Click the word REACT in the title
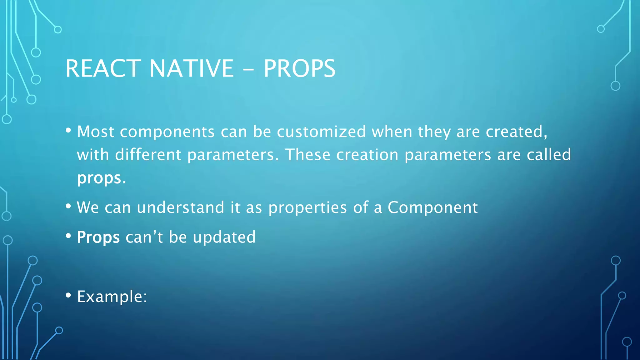pos(103,68)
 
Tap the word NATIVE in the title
pos(191,68)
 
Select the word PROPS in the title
pos(299,68)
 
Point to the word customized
pos(321,132)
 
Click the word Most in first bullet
pos(95,132)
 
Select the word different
pos(148,155)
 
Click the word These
pos(307,155)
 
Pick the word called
pos(549,155)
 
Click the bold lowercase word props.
pos(99,178)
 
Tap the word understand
pos(180,207)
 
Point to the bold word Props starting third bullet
pos(98,237)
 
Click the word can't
pos(144,237)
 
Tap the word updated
pos(224,237)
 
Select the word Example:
pos(112,297)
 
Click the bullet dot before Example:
pos(68,295)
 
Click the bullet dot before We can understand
pos(68,206)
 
